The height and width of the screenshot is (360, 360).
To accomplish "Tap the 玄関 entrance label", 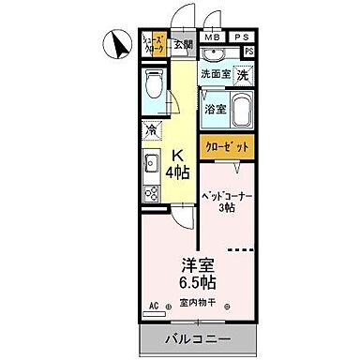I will (183, 44).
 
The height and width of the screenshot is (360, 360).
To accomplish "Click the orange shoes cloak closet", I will (154, 45).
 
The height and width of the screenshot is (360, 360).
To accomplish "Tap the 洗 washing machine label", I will (243, 75).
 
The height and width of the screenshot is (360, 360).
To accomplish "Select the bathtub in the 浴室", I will (241, 108).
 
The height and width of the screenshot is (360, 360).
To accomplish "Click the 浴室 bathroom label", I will (215, 109).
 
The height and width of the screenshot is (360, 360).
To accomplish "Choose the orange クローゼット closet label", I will (225, 147).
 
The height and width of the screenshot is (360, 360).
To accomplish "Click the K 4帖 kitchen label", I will (175, 165).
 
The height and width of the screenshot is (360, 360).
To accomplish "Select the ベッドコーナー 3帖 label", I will (226, 202).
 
